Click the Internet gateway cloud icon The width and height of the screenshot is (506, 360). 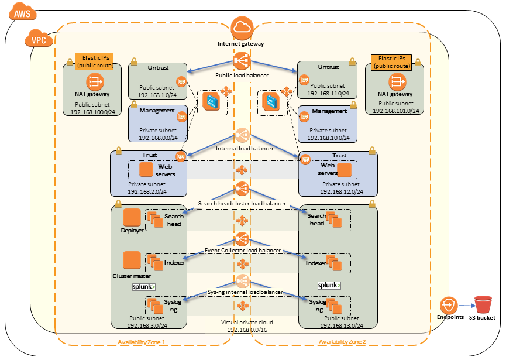pyautogui.click(x=241, y=27)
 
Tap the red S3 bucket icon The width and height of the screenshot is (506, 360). pyautogui.click(x=483, y=305)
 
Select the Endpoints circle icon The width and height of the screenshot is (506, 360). pyautogui.click(x=449, y=306)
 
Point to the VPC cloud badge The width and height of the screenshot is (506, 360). pyautogui.click(x=38, y=40)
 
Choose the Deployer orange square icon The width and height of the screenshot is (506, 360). pyautogui.click(x=132, y=217)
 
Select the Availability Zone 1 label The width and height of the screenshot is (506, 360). pyautogui.click(x=141, y=342)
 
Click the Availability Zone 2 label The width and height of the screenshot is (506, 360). pyautogui.click(x=342, y=342)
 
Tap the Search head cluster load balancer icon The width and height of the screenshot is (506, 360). pyautogui.click(x=241, y=189)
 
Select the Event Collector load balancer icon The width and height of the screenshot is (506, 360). pyautogui.click(x=241, y=238)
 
